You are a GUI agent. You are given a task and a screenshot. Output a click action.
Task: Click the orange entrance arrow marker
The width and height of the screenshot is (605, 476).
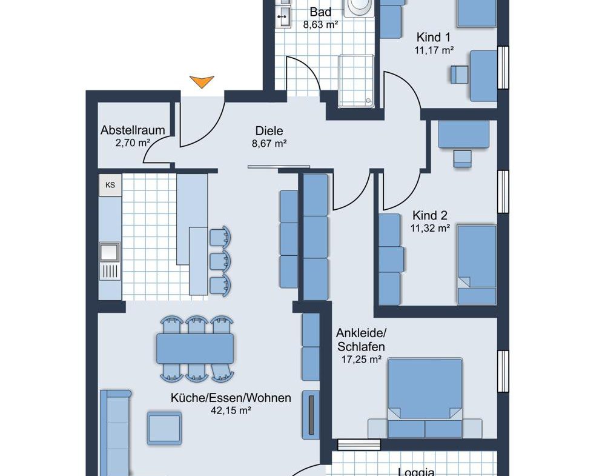[202, 82]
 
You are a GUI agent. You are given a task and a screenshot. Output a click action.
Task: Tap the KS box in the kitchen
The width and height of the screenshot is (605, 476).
[110, 185]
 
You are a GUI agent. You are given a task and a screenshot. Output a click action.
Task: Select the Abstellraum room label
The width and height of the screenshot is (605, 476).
[133, 130]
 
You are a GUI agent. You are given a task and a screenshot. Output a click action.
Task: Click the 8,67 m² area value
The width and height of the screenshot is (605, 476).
[269, 144]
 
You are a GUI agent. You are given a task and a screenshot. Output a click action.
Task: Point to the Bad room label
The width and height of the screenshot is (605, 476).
[320, 12]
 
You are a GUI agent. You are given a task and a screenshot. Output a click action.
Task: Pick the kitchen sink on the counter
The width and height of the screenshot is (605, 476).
[110, 252]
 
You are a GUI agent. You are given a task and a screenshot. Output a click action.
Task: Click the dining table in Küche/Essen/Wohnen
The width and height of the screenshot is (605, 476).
[195, 349]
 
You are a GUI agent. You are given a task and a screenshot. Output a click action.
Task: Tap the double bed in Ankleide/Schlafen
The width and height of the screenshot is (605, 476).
[425, 398]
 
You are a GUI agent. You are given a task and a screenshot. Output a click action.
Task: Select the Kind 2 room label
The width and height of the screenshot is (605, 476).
[430, 215]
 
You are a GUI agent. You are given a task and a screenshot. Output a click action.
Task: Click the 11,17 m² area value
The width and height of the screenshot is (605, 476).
[434, 50]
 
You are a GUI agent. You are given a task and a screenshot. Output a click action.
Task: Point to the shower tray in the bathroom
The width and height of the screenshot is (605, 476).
[357, 81]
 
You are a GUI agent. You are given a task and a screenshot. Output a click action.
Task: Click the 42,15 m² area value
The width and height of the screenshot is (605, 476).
[231, 411]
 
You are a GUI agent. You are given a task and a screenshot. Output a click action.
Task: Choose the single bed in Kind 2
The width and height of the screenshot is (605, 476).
[477, 265]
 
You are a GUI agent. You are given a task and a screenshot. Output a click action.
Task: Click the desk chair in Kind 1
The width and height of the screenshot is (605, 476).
[460, 74]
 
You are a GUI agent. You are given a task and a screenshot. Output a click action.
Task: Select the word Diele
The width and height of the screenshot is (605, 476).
[269, 131]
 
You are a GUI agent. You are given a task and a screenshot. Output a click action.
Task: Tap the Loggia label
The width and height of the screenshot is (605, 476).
[416, 472]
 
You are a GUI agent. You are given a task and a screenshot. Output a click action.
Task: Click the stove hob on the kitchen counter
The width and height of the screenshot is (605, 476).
[110, 271]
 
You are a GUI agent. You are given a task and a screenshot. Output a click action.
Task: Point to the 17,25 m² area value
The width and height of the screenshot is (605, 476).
[361, 360]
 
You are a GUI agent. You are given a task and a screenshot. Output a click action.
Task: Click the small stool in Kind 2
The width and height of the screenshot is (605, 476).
[462, 159]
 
